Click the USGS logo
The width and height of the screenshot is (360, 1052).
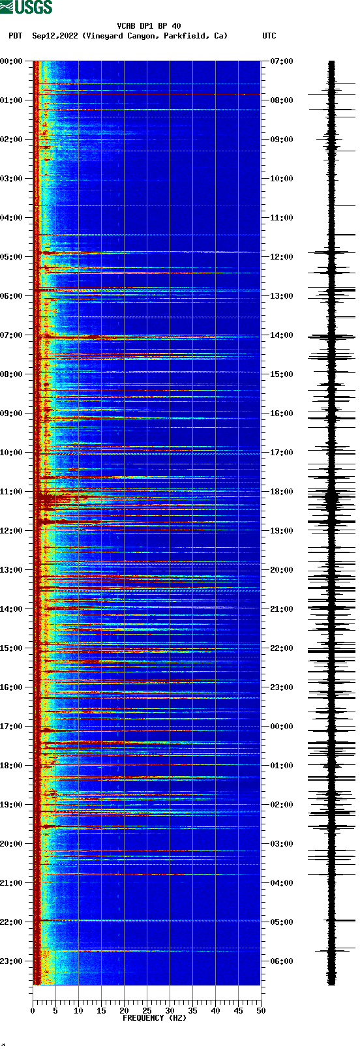[x=26, y=7]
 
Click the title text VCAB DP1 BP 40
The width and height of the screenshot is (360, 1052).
[x=149, y=26]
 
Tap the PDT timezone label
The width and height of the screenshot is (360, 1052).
[x=15, y=36]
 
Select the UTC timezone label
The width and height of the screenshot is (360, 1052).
[x=269, y=36]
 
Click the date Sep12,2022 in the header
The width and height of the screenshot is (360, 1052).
[x=55, y=36]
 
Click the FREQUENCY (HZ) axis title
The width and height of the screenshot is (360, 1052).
[x=155, y=1018]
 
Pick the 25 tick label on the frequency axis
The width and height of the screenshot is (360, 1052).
[x=147, y=1011]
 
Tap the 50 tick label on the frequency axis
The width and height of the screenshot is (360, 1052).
[x=261, y=1011]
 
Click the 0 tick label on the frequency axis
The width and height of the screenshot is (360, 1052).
[x=33, y=1011]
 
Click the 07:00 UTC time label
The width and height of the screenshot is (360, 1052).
[x=282, y=61]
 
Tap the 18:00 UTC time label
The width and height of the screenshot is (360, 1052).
[x=282, y=492]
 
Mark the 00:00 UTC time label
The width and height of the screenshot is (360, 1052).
[x=282, y=727]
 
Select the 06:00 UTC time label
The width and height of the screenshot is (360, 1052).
[x=282, y=961]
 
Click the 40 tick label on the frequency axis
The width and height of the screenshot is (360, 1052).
[x=215, y=1011]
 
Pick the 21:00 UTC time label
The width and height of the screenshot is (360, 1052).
[x=282, y=609]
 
